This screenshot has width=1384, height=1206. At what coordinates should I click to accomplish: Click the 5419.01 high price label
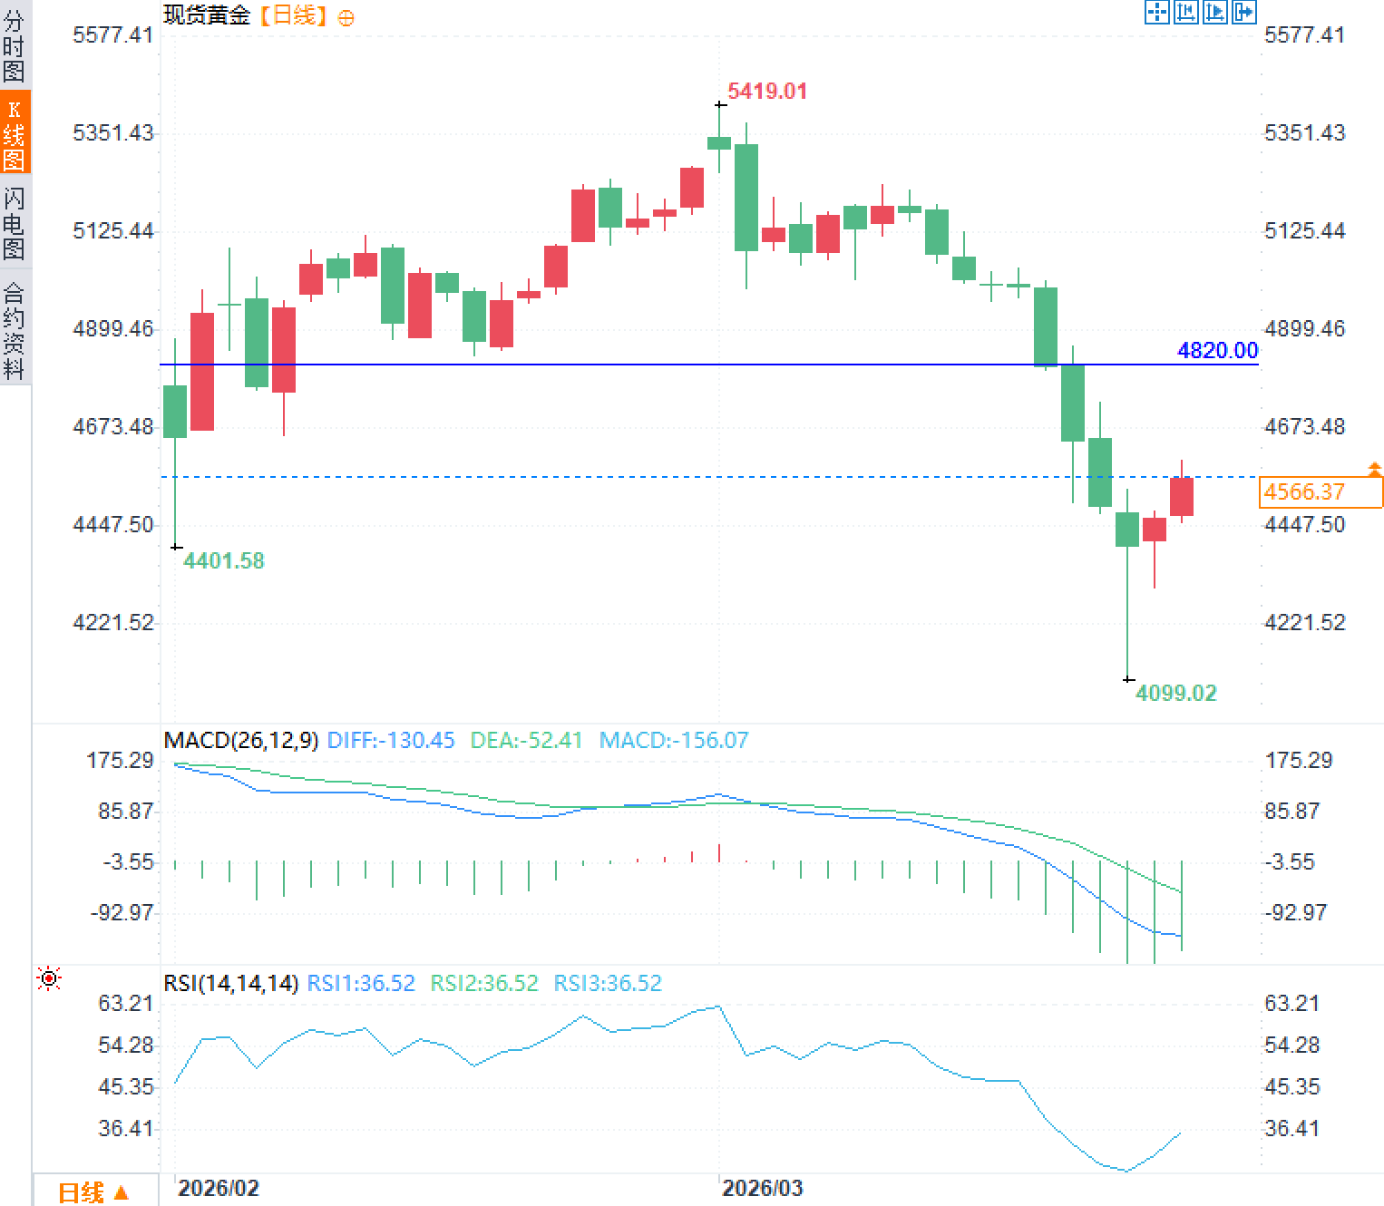(766, 91)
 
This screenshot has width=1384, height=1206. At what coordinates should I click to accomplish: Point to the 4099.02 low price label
(1175, 693)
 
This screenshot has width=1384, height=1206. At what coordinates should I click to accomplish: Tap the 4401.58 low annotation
(223, 560)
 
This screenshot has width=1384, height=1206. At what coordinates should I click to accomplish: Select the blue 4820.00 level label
(1217, 350)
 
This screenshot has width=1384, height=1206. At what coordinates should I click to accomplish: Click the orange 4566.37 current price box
(1321, 492)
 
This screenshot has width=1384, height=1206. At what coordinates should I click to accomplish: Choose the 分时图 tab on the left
(15, 45)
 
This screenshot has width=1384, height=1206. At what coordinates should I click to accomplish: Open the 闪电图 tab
(15, 223)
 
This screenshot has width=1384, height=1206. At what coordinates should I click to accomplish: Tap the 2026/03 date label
(762, 1188)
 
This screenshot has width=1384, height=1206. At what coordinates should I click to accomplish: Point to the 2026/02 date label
(218, 1188)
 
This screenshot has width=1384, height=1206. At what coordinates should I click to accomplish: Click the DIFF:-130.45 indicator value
(390, 740)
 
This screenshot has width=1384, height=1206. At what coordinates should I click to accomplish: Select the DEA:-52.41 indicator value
(526, 740)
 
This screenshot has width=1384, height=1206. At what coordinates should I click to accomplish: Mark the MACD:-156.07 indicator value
(674, 740)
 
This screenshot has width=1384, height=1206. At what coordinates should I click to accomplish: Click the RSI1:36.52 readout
(361, 983)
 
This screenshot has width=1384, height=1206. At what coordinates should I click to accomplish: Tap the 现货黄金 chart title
(207, 15)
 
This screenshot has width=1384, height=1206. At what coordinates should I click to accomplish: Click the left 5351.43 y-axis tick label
(112, 132)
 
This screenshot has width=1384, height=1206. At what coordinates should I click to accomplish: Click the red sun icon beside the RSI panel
(49, 978)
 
